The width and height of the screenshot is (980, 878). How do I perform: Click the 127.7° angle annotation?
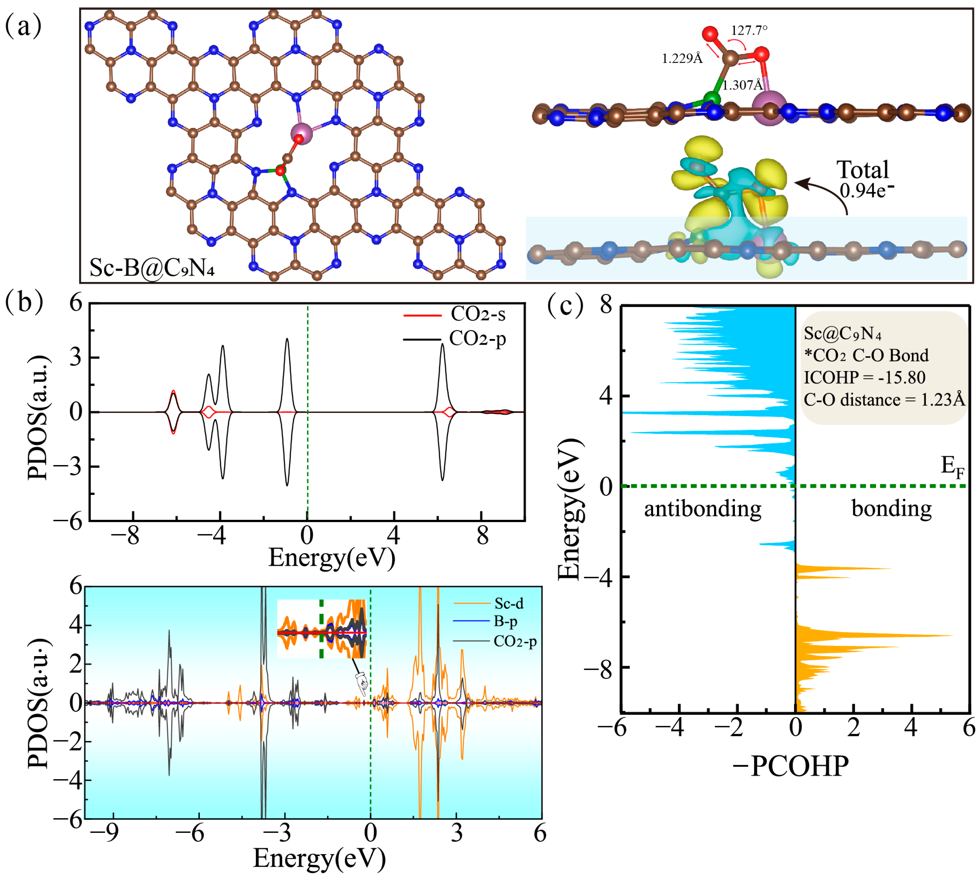coord(749,30)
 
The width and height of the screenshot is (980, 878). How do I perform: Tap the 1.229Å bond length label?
coord(682,59)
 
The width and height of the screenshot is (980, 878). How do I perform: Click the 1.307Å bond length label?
coord(743,85)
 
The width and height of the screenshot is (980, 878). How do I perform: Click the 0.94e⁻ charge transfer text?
coord(866,191)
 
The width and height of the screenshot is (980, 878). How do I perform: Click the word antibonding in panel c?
coord(702,509)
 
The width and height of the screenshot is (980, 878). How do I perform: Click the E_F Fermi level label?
coord(952,467)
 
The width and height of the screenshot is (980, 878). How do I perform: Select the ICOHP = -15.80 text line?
coord(864,377)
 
